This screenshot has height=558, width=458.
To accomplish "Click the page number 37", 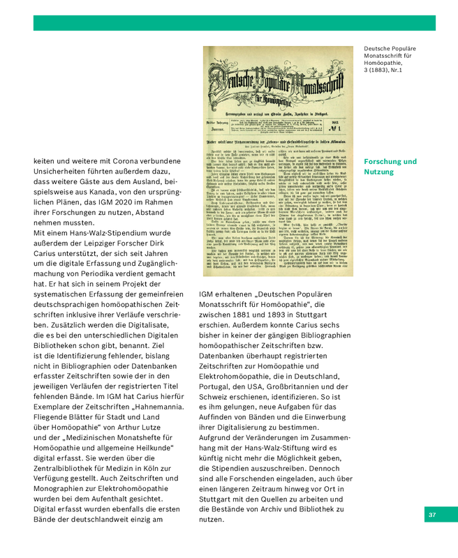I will pyautogui.click(x=432, y=515).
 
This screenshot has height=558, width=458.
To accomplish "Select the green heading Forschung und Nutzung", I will pyautogui.click(x=390, y=166).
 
